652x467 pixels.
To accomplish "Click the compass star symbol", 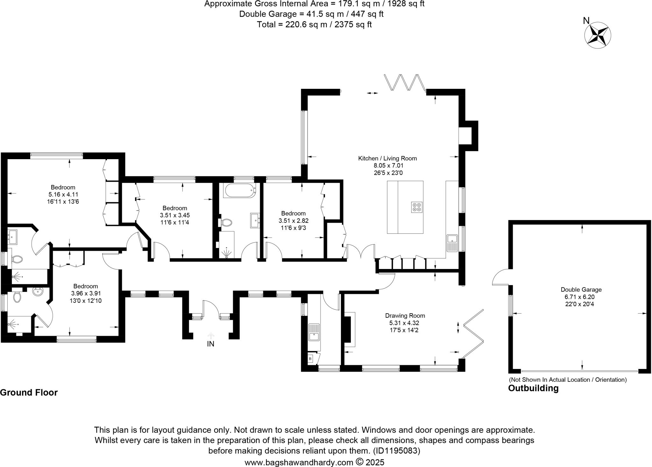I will (598, 35).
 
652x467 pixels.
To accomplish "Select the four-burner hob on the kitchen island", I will (417, 207).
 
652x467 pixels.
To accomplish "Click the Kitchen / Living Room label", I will (387, 158).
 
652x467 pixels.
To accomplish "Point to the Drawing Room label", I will (405, 316).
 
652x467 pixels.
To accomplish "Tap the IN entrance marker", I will (210, 344).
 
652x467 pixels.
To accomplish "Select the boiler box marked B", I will (310, 359).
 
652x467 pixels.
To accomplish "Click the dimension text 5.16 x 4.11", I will (63, 195).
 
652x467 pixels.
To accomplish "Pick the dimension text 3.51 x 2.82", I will (293, 221).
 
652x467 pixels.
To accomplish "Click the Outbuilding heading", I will (533, 388).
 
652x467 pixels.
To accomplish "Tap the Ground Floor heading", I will (29, 393).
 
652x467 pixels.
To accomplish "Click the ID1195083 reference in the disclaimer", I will (396, 451).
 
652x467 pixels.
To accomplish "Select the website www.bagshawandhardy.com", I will (299, 462).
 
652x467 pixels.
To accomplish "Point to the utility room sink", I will (314, 332).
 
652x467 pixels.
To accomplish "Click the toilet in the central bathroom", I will (226, 222).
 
